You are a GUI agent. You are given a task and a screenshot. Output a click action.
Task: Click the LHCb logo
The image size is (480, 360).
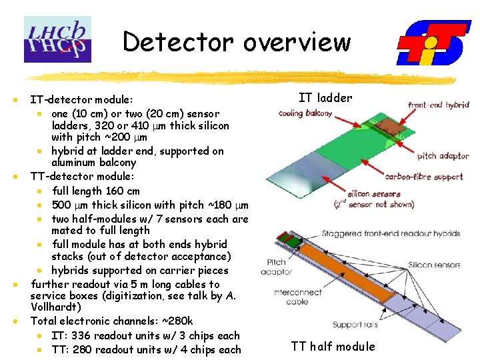pos(57,39)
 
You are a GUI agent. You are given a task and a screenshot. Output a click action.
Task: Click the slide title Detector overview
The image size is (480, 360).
pos(237,42)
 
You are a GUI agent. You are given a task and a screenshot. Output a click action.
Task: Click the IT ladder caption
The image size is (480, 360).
pos(325,98)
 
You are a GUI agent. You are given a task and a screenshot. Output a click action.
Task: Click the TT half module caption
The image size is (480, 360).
pos(333,346)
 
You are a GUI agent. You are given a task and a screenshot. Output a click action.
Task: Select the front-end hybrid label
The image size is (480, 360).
pos(439,105)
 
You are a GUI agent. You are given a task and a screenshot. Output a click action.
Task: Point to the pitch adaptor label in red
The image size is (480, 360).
pos(443,156)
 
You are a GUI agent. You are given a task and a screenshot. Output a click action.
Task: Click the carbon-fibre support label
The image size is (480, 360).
pos(424,177)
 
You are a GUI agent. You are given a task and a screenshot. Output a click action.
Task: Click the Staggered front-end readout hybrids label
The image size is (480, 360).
pos(391,234)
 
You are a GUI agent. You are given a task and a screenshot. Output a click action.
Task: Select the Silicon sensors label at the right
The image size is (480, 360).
pos(435,265)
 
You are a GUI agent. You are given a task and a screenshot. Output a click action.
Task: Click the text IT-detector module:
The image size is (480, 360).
pos(81,99)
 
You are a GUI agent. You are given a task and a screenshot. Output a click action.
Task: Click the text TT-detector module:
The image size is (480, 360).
pos(82,177)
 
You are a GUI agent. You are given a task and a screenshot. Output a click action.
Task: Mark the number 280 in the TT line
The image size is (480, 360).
pos(84,349)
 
